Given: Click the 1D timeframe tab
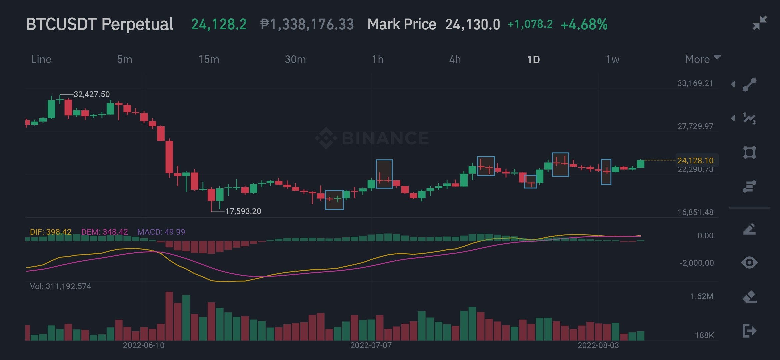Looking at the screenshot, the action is (533, 60).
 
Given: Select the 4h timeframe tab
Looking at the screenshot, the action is (455, 60).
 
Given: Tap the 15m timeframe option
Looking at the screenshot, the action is (209, 60).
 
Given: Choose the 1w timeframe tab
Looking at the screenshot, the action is (612, 60).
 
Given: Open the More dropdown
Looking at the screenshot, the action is (703, 59).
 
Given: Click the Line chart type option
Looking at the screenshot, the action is (41, 60).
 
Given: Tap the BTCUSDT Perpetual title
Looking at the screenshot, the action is (100, 24).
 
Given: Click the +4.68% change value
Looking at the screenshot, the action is (584, 24).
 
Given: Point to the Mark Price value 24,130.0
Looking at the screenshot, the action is (473, 24).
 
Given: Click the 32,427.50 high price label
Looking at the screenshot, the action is (91, 94).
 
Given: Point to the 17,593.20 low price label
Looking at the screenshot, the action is (243, 211).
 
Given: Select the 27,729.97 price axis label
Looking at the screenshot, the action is (695, 126).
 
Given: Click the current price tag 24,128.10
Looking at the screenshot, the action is (695, 161).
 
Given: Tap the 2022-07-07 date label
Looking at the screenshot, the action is (371, 345).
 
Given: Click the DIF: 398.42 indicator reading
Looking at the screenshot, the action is (51, 232).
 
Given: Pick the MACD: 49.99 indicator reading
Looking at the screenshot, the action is (161, 232).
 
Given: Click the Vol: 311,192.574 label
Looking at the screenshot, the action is (60, 286).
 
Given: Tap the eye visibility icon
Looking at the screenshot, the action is (749, 263).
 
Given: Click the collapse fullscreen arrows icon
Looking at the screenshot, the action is (760, 23).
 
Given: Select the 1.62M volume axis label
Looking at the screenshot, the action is (702, 296).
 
